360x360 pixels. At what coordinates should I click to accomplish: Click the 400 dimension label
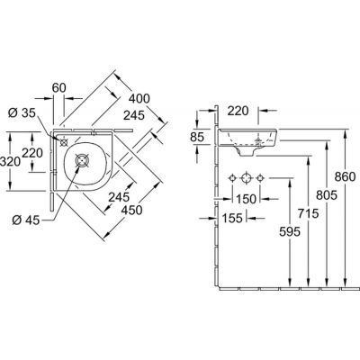click(x=139, y=98)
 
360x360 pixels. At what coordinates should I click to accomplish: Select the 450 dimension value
click(x=131, y=211)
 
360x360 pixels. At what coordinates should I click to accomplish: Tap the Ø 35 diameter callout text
click(x=22, y=112)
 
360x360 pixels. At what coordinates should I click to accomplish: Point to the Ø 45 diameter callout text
click(x=26, y=220)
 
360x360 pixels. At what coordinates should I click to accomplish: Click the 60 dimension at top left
click(x=58, y=88)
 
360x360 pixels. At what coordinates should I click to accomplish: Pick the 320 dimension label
click(x=10, y=162)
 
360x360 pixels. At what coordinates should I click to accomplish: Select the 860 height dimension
click(x=345, y=177)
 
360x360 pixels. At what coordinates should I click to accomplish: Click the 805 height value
click(x=327, y=195)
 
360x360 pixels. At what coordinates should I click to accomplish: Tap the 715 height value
click(x=308, y=213)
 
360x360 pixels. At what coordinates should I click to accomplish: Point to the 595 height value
click(x=290, y=231)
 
